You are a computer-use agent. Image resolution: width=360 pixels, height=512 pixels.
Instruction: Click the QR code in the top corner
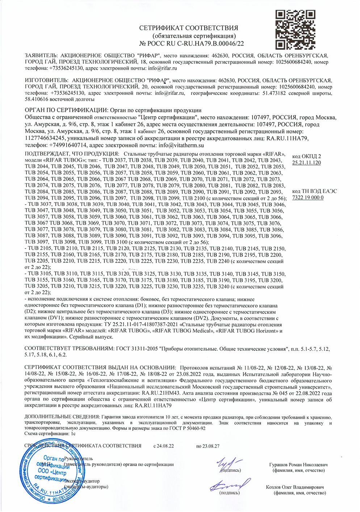coord(296,29)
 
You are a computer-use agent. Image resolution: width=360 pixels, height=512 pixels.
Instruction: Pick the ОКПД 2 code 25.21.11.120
coord(306,163)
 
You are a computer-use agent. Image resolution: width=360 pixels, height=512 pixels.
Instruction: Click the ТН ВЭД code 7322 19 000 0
coord(307,197)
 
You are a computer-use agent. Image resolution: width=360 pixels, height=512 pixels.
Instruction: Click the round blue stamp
coord(54,471)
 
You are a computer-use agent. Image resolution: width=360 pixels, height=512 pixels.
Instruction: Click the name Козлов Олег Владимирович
coord(295,487)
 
